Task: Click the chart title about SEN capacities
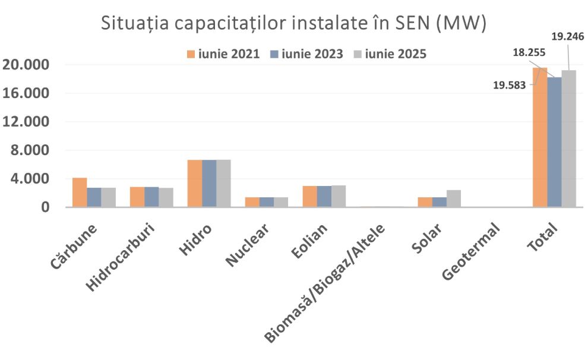[x=294, y=23]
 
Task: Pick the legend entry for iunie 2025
[x=389, y=54]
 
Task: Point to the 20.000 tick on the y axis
[x=29, y=65]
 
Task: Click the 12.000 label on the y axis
[x=29, y=122]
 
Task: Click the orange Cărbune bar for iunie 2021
[x=80, y=192]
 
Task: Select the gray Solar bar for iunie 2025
[x=454, y=198]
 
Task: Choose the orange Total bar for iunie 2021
[x=540, y=137]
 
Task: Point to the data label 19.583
[x=510, y=85]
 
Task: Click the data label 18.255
[x=529, y=52]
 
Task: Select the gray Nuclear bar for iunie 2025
[x=281, y=202]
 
